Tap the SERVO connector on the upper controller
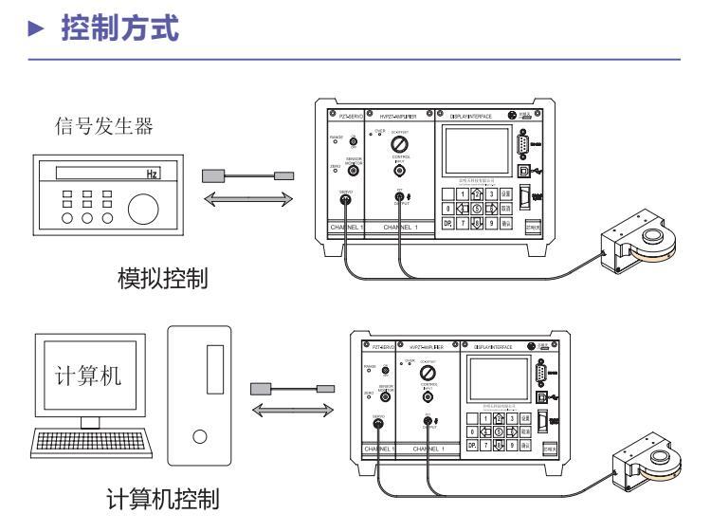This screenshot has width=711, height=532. click(345, 200)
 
